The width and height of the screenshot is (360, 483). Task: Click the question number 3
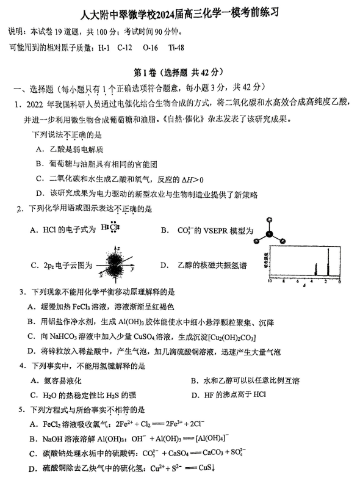coord(22,292)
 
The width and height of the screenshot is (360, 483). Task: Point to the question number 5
coord(22,409)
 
